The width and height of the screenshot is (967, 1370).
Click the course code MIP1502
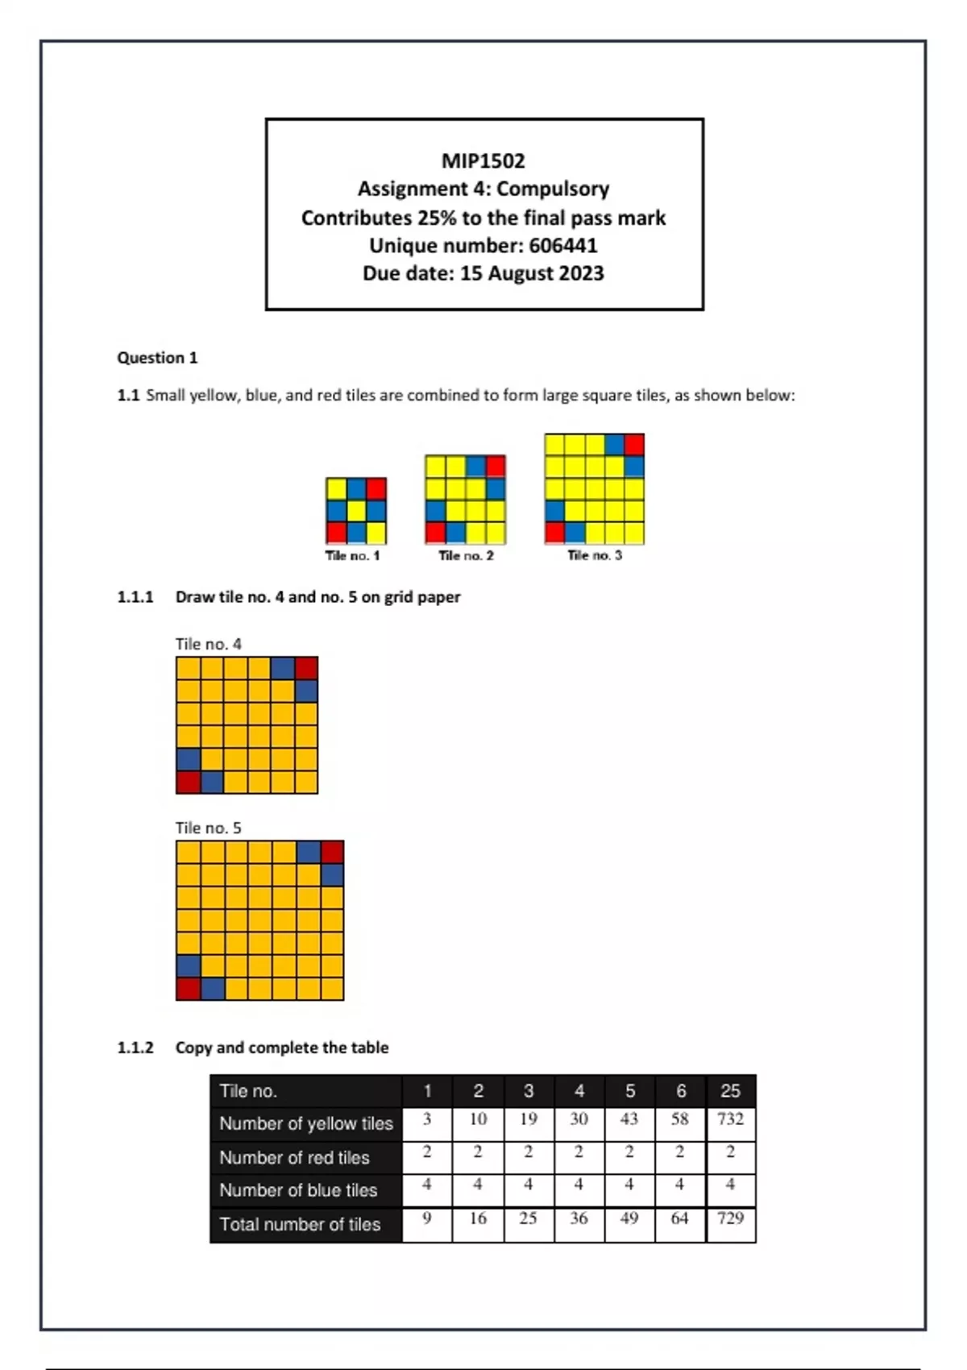(x=483, y=161)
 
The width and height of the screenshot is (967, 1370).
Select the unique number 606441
(x=563, y=246)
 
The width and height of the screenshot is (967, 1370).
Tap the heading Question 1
(x=157, y=358)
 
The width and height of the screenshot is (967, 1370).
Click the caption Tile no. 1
(x=352, y=555)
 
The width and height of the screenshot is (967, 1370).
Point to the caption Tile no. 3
(x=595, y=555)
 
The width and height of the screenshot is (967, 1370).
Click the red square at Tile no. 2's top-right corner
(x=496, y=466)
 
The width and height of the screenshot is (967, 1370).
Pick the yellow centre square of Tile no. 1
(x=356, y=511)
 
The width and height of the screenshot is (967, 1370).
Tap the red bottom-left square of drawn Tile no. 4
(x=188, y=782)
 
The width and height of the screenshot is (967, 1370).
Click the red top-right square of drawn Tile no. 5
(x=332, y=852)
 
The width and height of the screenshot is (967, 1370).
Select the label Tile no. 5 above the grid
(x=208, y=828)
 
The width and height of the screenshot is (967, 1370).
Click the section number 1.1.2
(x=135, y=1048)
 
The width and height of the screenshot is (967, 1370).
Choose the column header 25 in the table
(x=730, y=1091)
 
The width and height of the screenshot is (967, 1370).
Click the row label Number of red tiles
(x=294, y=1158)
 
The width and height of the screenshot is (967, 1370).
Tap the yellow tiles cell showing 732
(x=730, y=1119)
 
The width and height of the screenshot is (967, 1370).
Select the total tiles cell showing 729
(x=730, y=1218)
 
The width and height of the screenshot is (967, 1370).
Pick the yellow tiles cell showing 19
(x=528, y=1119)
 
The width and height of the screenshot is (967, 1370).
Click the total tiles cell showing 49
(x=629, y=1218)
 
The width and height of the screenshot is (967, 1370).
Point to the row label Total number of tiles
(x=300, y=1225)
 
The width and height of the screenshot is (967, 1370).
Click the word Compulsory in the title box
(x=553, y=189)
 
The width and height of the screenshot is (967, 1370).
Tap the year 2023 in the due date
(x=581, y=274)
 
